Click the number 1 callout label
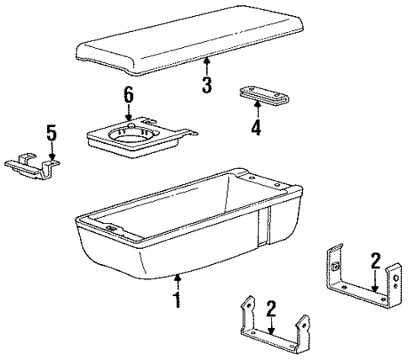pos(178,301)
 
